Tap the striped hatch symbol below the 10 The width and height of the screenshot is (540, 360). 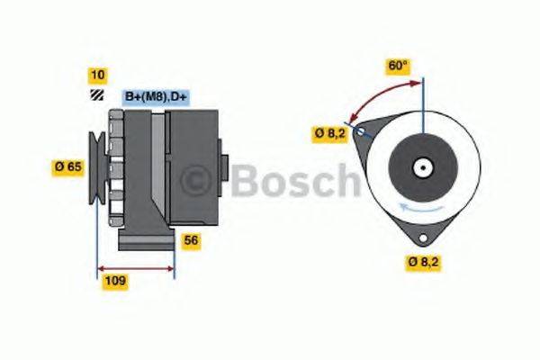tap(96, 97)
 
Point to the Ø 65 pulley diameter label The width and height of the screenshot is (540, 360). tap(68, 166)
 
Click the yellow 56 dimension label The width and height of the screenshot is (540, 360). tap(191, 240)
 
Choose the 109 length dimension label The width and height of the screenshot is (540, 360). tap(113, 281)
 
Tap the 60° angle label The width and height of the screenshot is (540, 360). tap(397, 66)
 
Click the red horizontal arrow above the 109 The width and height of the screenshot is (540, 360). tap(135, 266)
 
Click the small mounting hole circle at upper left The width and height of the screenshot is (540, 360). tap(361, 131)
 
